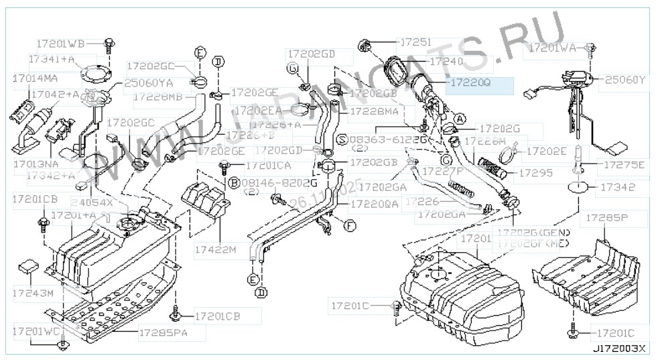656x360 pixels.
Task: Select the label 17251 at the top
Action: click(x=415, y=42)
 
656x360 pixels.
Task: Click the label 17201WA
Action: click(x=553, y=48)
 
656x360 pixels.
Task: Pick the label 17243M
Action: click(x=32, y=294)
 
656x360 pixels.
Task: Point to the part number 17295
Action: click(x=534, y=173)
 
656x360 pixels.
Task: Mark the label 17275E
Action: click(x=623, y=164)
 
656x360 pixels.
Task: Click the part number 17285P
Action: click(x=607, y=217)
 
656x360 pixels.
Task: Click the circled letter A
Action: click(x=460, y=119)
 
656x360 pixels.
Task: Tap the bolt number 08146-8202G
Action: click(x=271, y=182)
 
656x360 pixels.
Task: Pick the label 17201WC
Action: click(x=35, y=331)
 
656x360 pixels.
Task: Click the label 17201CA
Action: click(x=268, y=165)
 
